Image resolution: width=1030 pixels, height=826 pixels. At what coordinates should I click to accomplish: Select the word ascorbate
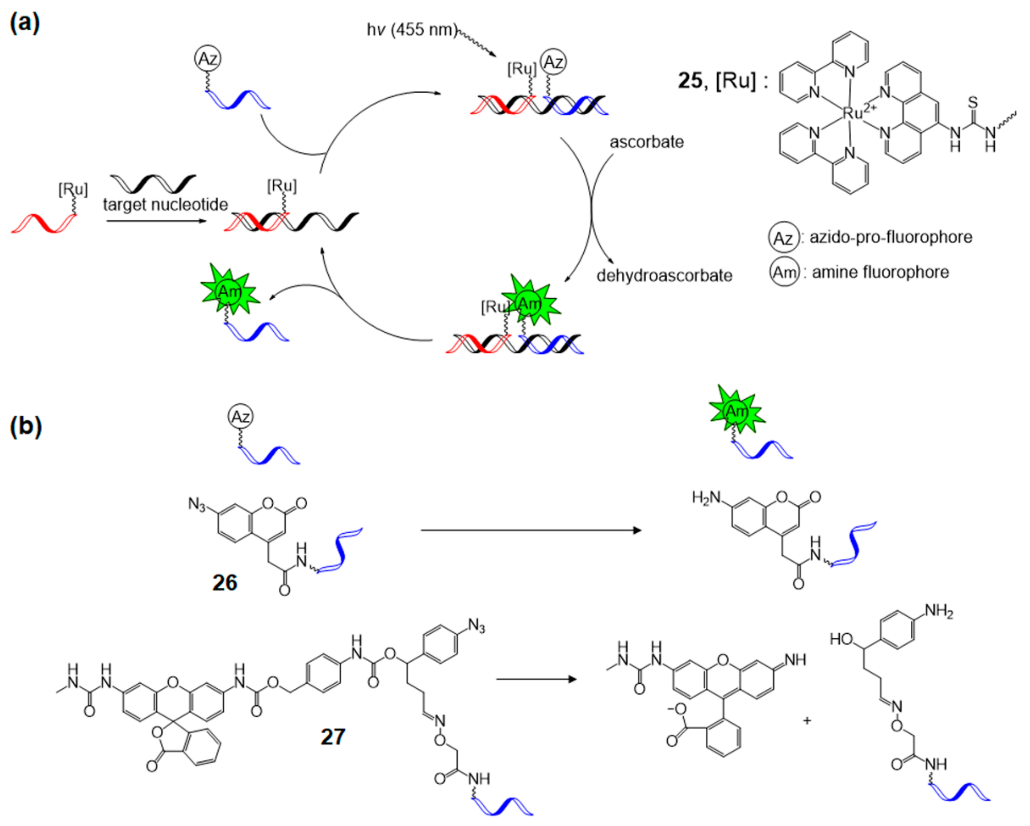coord(646,142)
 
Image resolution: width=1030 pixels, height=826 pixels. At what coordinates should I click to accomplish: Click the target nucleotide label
coord(165,204)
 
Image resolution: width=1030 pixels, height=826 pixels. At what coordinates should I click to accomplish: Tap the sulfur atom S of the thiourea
coord(973,102)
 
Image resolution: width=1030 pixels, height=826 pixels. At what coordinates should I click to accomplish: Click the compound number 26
coord(225,583)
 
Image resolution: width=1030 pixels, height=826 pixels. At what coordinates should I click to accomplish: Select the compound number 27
coord(333,737)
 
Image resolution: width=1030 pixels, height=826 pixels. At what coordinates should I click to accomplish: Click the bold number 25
coord(689,80)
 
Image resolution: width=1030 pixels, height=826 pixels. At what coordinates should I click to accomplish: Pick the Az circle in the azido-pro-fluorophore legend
coord(783,237)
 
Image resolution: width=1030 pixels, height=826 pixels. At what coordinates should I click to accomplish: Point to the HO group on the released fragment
coord(841,639)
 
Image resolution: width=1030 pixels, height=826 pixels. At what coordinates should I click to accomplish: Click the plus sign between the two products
coord(807,720)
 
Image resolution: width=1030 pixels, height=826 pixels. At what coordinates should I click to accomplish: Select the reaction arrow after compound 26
coord(530,530)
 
